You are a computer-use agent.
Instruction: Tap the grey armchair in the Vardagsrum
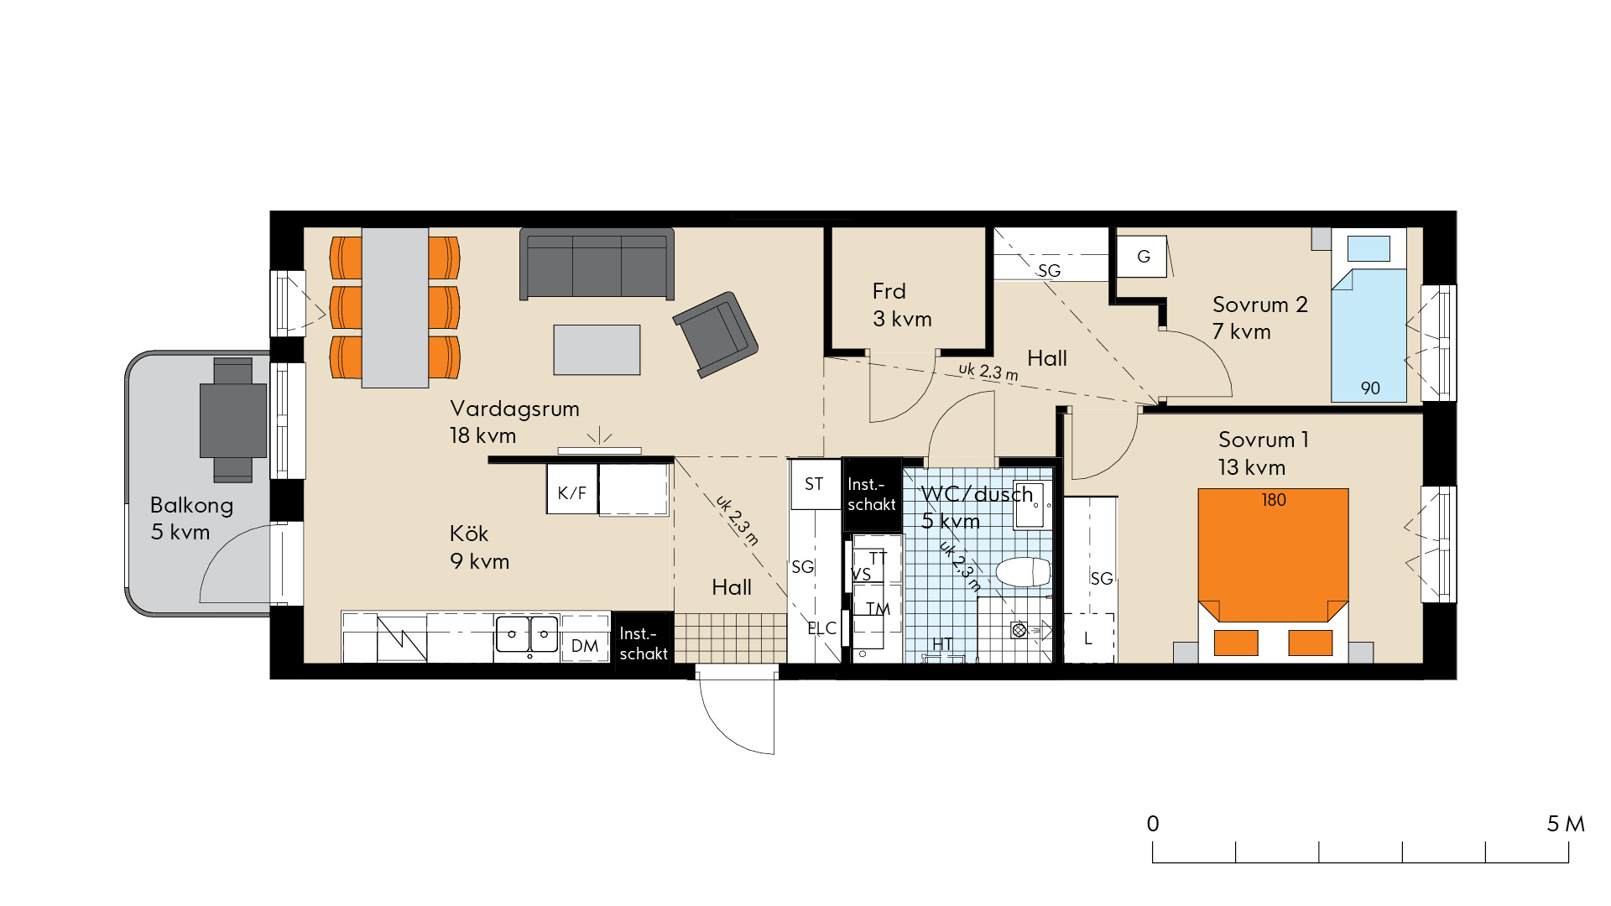(716, 334)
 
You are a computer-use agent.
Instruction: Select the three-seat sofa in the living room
(597, 263)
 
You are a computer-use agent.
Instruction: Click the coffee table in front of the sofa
(597, 350)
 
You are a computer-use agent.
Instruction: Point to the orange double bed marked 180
(1273, 570)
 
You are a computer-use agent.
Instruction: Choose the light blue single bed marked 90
(1369, 317)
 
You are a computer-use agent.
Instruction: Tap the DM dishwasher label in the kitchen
(585, 646)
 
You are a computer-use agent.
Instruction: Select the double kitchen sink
(527, 634)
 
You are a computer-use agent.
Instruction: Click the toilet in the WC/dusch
(1023, 572)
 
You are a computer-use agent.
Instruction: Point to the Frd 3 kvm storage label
(902, 305)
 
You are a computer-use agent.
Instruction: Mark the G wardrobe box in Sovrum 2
(1142, 256)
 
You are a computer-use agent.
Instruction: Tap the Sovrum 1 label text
(1263, 440)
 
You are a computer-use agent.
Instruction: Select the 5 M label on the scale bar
(1566, 824)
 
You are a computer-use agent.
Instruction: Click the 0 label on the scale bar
(1153, 824)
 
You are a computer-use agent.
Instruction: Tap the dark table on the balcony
(232, 420)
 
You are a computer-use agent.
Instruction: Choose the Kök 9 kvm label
(479, 547)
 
